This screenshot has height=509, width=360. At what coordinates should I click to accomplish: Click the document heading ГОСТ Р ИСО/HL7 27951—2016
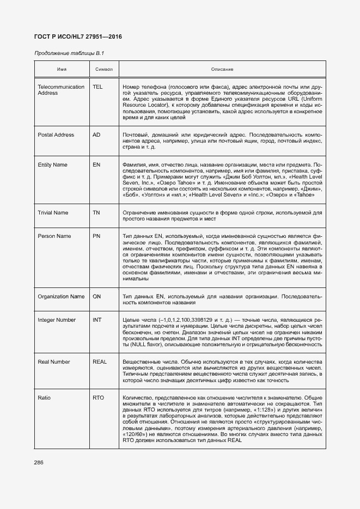(x=78, y=36)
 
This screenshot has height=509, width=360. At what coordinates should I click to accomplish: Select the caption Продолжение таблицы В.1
(x=69, y=53)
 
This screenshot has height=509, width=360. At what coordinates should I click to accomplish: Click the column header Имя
(x=62, y=70)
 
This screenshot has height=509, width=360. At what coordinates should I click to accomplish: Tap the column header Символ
(x=103, y=70)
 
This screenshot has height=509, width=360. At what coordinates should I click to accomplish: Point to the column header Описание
(x=222, y=70)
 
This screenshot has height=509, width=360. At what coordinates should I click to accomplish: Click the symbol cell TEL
(x=97, y=87)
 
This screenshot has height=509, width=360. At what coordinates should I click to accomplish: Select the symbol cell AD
(x=96, y=134)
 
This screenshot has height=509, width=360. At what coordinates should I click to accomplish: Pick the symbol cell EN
(x=96, y=164)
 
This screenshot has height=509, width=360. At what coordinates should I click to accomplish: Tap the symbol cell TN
(x=96, y=212)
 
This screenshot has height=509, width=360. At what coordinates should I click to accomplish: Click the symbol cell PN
(x=96, y=236)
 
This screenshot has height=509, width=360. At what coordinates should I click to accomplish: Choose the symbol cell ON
(x=97, y=296)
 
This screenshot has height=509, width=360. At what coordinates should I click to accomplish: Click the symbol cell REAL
(x=100, y=361)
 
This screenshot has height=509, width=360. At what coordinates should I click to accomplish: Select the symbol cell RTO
(x=98, y=398)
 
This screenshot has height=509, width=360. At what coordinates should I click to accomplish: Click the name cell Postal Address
(x=56, y=134)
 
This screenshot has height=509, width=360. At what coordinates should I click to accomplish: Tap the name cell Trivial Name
(x=53, y=212)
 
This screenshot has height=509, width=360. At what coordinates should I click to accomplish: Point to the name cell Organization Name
(x=61, y=296)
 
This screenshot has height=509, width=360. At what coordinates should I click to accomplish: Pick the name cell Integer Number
(x=57, y=320)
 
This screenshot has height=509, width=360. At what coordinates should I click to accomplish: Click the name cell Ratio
(x=44, y=398)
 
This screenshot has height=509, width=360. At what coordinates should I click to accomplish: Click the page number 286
(x=39, y=462)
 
